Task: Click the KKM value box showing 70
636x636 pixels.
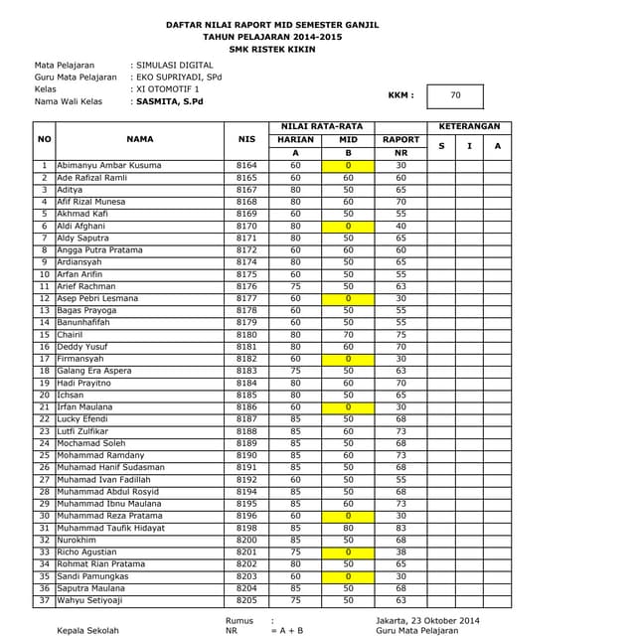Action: point(455,96)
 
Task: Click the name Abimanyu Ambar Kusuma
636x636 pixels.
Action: point(108,165)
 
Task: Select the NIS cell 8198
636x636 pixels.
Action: point(246,528)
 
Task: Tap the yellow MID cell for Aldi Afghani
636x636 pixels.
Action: point(348,226)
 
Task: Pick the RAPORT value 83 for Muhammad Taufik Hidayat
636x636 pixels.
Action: point(400,528)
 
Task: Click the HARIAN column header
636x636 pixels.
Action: point(295,140)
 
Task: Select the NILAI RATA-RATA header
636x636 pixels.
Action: point(321,127)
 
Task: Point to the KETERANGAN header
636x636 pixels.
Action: point(469,127)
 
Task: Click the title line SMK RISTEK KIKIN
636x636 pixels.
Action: point(271,48)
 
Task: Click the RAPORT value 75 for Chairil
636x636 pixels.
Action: point(400,335)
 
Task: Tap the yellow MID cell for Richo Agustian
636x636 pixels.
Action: point(348,553)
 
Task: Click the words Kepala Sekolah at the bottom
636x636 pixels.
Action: point(87,630)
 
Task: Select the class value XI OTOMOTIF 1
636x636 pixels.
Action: point(167,88)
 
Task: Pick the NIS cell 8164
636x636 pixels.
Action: point(246,165)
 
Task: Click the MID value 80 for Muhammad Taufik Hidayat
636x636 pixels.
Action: point(348,528)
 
